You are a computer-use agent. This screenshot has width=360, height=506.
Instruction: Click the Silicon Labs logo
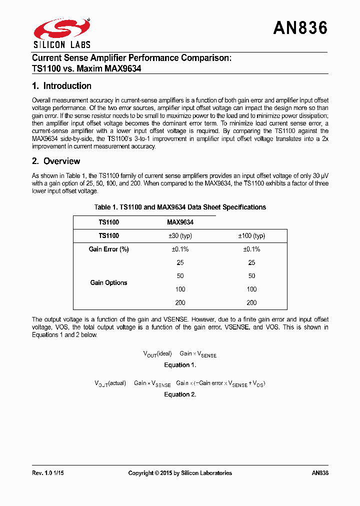(x=61, y=32)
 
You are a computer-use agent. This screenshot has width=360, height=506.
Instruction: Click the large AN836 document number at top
(x=300, y=28)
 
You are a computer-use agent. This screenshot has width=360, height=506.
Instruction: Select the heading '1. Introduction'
(x=61, y=86)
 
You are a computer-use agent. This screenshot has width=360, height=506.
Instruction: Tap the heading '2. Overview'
(x=56, y=161)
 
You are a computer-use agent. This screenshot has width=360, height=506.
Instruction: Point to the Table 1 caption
(x=180, y=207)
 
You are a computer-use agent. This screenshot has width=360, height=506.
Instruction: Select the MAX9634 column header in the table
(x=180, y=222)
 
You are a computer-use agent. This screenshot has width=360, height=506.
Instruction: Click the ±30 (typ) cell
(x=180, y=235)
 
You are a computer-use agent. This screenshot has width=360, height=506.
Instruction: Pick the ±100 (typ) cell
(x=251, y=235)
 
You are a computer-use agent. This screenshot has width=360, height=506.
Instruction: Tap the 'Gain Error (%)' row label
(x=108, y=249)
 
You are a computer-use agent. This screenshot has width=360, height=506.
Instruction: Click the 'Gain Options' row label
(x=108, y=282)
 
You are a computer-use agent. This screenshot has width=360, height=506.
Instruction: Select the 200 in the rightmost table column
(x=251, y=302)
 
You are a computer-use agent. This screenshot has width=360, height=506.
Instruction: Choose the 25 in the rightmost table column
(x=251, y=262)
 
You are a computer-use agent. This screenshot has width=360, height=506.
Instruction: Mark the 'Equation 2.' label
(x=180, y=394)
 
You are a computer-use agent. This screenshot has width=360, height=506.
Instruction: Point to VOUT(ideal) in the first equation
(x=157, y=353)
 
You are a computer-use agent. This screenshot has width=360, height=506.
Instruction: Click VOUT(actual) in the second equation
(x=110, y=383)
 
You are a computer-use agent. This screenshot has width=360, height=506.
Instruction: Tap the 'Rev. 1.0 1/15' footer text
(x=48, y=473)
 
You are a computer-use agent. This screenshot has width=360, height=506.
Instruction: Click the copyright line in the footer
(x=180, y=473)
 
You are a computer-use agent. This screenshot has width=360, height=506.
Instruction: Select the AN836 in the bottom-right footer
(x=319, y=473)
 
